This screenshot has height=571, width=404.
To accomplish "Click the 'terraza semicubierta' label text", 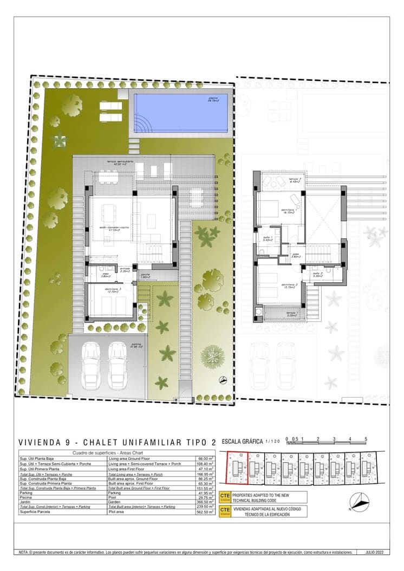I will pyautogui.click(x=119, y=162).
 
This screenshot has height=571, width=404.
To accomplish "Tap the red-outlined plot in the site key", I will pyautogui.click(x=236, y=467).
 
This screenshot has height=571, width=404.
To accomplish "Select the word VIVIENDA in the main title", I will pyautogui.click(x=38, y=442).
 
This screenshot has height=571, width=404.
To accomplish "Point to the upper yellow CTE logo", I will pyautogui.click(x=225, y=497).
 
